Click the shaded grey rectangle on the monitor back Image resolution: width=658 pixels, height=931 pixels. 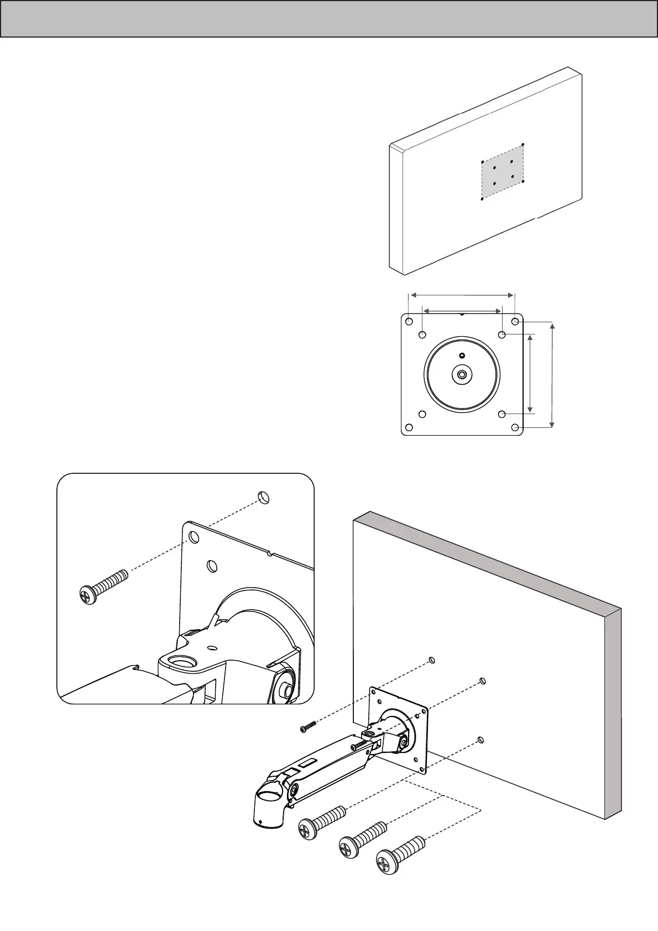pyautogui.click(x=503, y=172)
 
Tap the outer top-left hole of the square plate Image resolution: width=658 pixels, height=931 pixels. pyautogui.click(x=409, y=321)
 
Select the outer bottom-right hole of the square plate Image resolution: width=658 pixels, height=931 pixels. pyautogui.click(x=515, y=427)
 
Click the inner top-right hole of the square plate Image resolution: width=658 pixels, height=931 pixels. pyautogui.click(x=502, y=334)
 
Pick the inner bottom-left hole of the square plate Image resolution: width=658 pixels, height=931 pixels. pyautogui.click(x=422, y=414)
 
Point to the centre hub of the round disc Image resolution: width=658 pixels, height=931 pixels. pyautogui.click(x=462, y=375)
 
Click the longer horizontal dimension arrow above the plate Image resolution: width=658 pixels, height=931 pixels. pyautogui.click(x=462, y=295)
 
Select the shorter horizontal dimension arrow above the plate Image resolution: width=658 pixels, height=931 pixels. pyautogui.click(x=462, y=312)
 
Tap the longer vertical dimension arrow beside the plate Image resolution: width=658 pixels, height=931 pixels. pyautogui.click(x=552, y=374)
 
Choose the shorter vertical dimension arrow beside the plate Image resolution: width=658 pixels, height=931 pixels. pyautogui.click(x=531, y=374)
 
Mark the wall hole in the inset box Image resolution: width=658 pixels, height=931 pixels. pyautogui.click(x=264, y=496)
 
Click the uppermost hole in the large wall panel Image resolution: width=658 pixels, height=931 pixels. pyautogui.click(x=432, y=660)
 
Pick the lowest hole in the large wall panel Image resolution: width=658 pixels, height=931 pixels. pyautogui.click(x=481, y=739)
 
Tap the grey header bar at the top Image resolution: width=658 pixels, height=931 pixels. pyautogui.click(x=329, y=19)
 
